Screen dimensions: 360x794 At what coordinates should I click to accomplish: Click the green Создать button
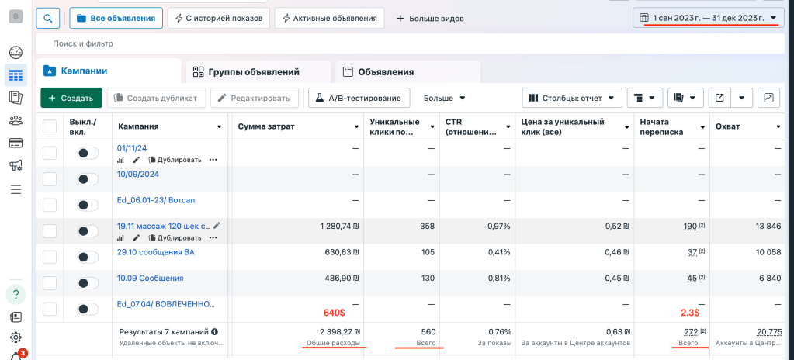71,98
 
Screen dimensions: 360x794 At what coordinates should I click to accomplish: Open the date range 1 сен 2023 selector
707,18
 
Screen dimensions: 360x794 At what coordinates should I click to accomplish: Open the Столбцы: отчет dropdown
574,98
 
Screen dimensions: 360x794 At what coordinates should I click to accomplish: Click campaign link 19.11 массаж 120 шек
163,226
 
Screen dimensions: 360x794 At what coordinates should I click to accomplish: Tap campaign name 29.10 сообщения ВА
155,252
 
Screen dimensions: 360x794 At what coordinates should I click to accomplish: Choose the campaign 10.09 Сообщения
150,279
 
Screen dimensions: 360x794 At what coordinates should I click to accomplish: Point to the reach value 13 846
765,227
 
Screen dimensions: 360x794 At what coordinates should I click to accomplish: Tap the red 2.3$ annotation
688,313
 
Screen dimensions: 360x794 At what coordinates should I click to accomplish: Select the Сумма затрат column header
266,126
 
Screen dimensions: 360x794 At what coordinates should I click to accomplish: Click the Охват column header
727,126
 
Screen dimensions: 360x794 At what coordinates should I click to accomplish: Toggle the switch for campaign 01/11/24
88,154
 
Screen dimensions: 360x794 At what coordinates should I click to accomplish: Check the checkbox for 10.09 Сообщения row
50,283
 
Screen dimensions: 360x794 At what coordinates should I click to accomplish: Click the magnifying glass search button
47,18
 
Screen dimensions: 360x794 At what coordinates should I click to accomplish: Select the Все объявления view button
116,18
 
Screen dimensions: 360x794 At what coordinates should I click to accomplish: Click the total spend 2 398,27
338,331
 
